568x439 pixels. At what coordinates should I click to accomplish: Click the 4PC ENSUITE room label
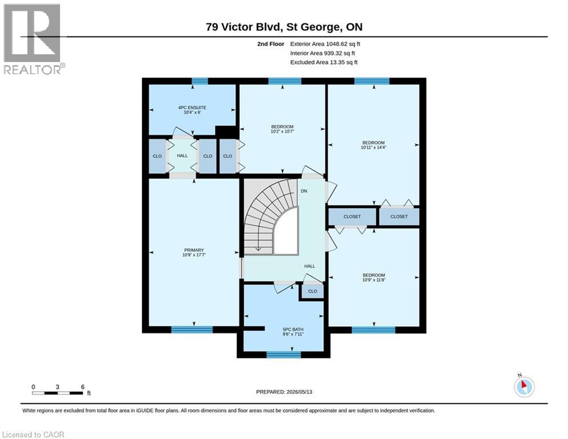click(192, 107)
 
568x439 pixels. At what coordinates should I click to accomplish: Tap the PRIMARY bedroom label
click(194, 250)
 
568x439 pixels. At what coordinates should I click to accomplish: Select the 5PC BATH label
click(293, 329)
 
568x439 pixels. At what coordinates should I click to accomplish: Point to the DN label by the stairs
click(304, 191)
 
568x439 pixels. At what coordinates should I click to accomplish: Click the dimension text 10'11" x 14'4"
click(373, 147)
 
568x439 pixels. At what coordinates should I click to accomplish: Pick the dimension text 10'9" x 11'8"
click(374, 280)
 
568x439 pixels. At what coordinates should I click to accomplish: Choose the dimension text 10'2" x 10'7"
click(282, 131)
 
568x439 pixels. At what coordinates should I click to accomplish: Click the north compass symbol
click(524, 386)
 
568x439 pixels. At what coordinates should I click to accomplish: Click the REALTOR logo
click(33, 39)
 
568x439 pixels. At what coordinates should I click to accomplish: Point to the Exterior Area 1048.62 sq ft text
click(325, 44)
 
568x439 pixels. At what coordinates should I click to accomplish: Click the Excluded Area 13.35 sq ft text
click(324, 62)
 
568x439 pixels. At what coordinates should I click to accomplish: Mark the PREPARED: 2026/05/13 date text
click(284, 392)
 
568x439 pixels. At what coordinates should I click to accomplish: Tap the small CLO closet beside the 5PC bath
click(312, 292)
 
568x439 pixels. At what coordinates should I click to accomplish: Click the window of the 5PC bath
click(284, 355)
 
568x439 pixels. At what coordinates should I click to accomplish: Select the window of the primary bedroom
click(192, 330)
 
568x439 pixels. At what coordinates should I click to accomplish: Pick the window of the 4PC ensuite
click(200, 81)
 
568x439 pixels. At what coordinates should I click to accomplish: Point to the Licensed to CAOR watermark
click(33, 434)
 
